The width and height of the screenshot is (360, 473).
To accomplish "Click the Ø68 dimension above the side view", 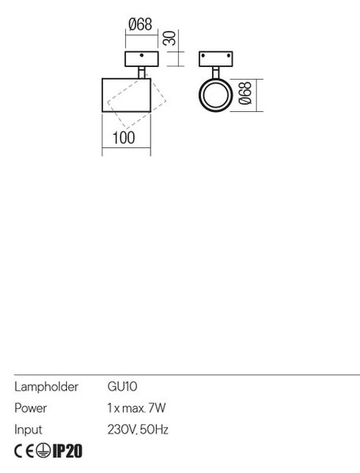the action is coord(140,24).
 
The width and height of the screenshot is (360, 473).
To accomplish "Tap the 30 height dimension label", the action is coord(169,38).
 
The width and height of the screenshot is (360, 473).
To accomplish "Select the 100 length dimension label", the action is coord(124,138).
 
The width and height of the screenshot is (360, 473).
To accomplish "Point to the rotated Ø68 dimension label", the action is coord(245,93).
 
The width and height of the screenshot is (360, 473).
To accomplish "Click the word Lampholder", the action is coord(46,387).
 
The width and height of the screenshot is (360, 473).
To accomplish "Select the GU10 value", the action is coord(122,386).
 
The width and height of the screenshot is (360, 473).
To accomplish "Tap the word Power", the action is coord(31,408).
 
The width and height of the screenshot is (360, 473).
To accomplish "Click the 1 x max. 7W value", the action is coord(136,408).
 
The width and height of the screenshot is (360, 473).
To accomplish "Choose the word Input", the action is coord(28,430).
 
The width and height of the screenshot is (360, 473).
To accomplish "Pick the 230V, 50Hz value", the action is coord(138,430).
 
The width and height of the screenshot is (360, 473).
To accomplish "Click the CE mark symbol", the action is coord(24,451).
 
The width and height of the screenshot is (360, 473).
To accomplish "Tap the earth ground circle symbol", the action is coord(43,451).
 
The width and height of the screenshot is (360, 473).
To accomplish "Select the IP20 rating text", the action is coord(67,451).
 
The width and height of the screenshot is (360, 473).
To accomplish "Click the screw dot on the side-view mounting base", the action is coord(142,55).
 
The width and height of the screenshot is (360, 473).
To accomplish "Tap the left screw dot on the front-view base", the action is coord(203,56).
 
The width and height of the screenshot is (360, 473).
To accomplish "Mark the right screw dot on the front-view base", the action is coord(228,56).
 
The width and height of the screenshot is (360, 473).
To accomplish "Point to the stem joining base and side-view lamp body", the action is coord(142,73).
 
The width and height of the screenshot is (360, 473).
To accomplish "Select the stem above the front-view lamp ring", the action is coord(216,73).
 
